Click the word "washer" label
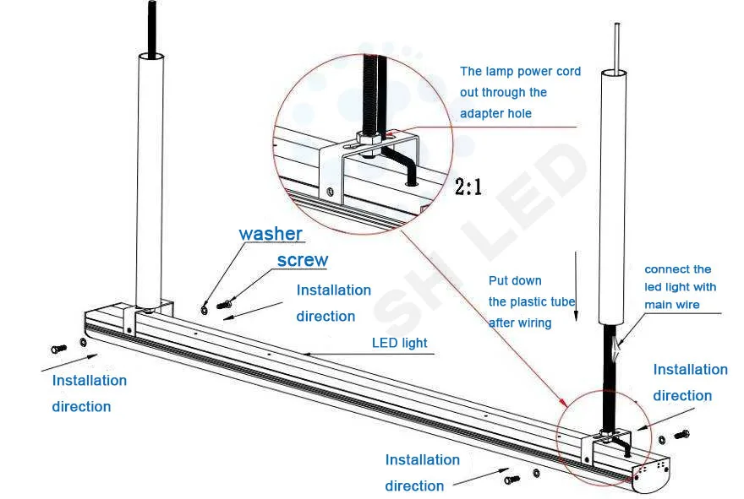(270, 234)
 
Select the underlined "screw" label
(302, 260)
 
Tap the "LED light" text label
(399, 343)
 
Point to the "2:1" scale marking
(468, 187)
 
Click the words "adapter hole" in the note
(495, 113)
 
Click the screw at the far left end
(58, 348)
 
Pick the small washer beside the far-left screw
(82, 343)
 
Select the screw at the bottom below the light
(511, 480)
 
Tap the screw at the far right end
(682, 435)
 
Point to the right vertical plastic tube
(614, 194)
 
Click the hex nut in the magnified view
(366, 138)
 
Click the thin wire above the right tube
(616, 46)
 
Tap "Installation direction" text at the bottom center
(422, 472)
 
